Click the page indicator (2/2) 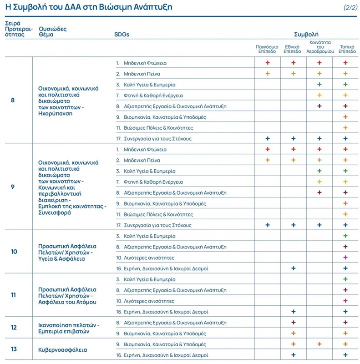tap(350, 7)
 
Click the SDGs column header tap(122, 35)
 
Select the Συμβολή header tap(306, 35)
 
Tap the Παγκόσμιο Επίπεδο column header tap(267, 49)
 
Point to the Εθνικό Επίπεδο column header tap(292, 49)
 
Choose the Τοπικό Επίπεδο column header tap(347, 49)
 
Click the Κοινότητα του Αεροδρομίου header tap(320, 47)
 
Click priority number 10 tap(14, 252)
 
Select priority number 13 tap(14, 349)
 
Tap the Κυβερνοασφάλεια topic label tap(63, 350)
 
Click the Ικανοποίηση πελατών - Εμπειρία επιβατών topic tap(69, 328)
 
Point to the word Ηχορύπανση tap(55, 113)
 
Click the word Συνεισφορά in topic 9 tap(55, 212)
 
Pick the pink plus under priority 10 tap(345, 258)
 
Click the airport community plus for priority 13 tap(319, 344)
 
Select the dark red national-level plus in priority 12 tap(294, 323)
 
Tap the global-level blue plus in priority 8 tap(268, 139)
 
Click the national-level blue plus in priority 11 tap(294, 312)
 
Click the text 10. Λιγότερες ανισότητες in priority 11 tap(145, 301)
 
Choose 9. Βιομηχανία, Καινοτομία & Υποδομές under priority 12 tap(161, 334)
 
